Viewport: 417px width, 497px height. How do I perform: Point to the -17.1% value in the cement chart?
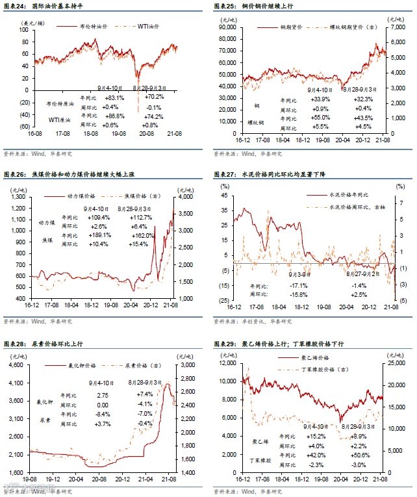(x=298, y=285)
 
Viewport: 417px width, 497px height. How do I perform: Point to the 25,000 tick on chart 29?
(x=394, y=364)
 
